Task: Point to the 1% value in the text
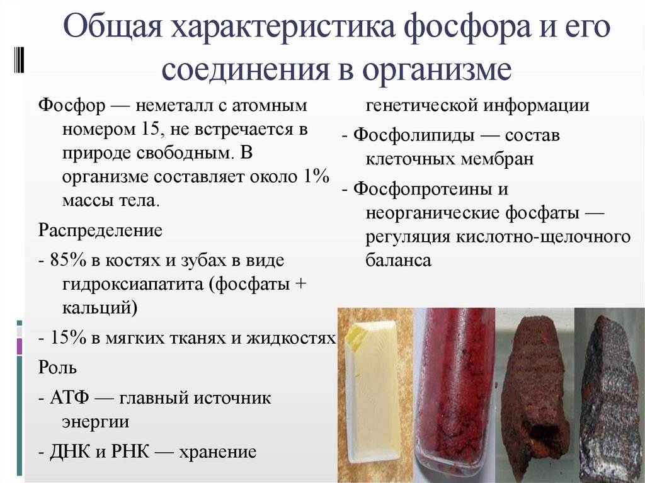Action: click(315, 177)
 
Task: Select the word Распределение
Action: click(101, 230)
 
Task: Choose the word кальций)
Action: click(100, 308)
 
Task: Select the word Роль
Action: click(58, 367)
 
